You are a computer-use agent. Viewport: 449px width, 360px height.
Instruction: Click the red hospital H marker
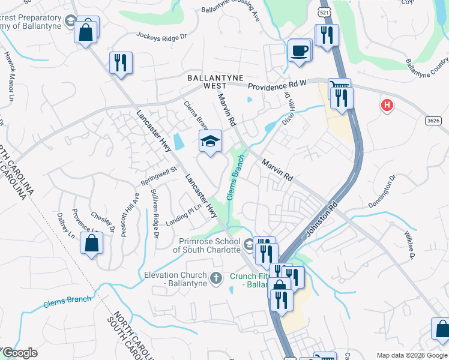387,106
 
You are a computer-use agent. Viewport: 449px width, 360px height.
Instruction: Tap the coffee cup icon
299,50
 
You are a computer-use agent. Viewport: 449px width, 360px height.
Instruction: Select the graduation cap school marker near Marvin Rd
209,142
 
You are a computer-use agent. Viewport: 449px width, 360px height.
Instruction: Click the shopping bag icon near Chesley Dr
91,244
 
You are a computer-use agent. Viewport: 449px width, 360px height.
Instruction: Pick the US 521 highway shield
324,11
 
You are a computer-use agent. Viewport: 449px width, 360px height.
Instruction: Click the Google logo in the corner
20,353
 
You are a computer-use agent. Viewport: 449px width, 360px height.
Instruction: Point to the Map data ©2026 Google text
411,355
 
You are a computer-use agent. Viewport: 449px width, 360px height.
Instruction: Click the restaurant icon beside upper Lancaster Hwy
121,64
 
